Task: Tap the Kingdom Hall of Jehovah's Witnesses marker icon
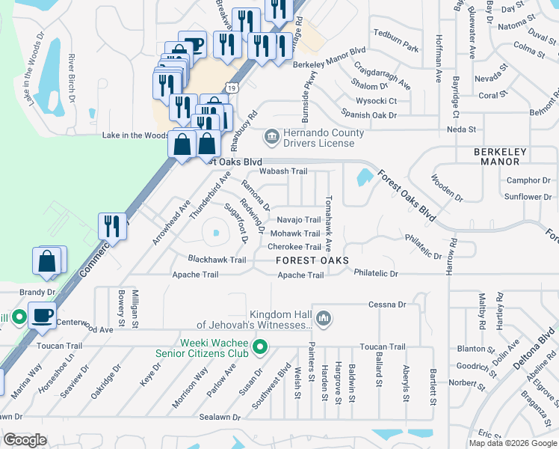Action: (324, 319)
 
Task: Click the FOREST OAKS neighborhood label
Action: (312, 260)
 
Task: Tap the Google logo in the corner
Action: (25, 440)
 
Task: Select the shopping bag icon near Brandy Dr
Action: (46, 262)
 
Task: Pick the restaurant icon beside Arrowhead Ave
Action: (112, 226)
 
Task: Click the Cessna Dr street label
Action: (387, 305)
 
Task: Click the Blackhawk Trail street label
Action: (217, 260)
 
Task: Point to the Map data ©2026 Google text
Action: (513, 443)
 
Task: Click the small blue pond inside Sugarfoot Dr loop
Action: (216, 233)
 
